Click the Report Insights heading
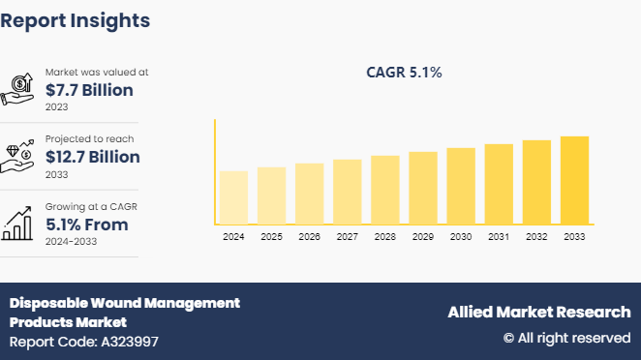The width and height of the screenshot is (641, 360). [76, 20]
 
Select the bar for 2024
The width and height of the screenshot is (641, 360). [233, 197]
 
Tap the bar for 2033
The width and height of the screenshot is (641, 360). [574, 180]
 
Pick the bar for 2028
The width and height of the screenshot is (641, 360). [385, 190]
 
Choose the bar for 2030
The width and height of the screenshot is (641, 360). [461, 186]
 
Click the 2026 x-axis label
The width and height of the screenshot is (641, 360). [309, 237]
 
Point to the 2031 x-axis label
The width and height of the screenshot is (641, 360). [499, 237]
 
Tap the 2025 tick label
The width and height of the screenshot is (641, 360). [271, 237]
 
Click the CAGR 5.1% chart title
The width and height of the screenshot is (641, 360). [404, 72]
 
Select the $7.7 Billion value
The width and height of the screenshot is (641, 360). [89, 90]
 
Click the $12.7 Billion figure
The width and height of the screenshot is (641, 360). [93, 157]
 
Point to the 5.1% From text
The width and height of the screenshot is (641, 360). [87, 225]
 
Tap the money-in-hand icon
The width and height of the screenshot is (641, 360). [20, 89]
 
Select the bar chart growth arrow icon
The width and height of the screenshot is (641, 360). [20, 224]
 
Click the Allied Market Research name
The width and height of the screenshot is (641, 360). [538, 312]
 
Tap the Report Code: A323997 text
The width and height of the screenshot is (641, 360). [84, 342]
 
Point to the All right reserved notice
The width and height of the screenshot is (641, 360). [566, 338]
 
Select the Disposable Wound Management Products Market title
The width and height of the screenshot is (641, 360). [125, 312]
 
